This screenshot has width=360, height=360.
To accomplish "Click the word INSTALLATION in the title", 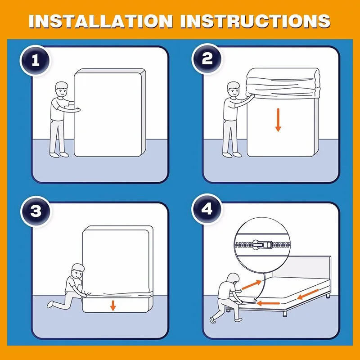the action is click(x=100, y=21).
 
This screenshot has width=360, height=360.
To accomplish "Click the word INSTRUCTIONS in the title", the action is click(x=255, y=21).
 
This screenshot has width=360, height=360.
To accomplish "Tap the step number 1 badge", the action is click(x=36, y=60).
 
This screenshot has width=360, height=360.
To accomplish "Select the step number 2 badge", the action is click(x=207, y=58).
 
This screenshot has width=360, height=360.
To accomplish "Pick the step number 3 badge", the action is click(x=36, y=211).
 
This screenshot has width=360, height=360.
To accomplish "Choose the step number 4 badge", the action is click(x=207, y=209).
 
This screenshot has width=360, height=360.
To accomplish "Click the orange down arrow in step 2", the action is click(x=278, y=120).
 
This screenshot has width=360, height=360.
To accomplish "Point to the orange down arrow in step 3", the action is click(x=113, y=306).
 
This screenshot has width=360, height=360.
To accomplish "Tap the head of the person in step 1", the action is click(x=62, y=89).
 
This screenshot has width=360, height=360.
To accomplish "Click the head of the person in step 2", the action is click(x=234, y=89).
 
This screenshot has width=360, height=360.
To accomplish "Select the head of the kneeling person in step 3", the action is click(x=77, y=271).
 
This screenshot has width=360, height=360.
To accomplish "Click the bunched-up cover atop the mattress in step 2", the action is click(x=283, y=83).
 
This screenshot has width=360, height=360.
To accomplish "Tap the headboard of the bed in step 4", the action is click(x=301, y=267).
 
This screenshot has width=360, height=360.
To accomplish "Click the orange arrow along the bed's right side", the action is click(x=308, y=294).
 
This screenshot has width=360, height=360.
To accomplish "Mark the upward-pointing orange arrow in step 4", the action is click(x=252, y=284).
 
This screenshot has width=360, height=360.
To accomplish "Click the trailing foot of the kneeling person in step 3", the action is click(x=50, y=304).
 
